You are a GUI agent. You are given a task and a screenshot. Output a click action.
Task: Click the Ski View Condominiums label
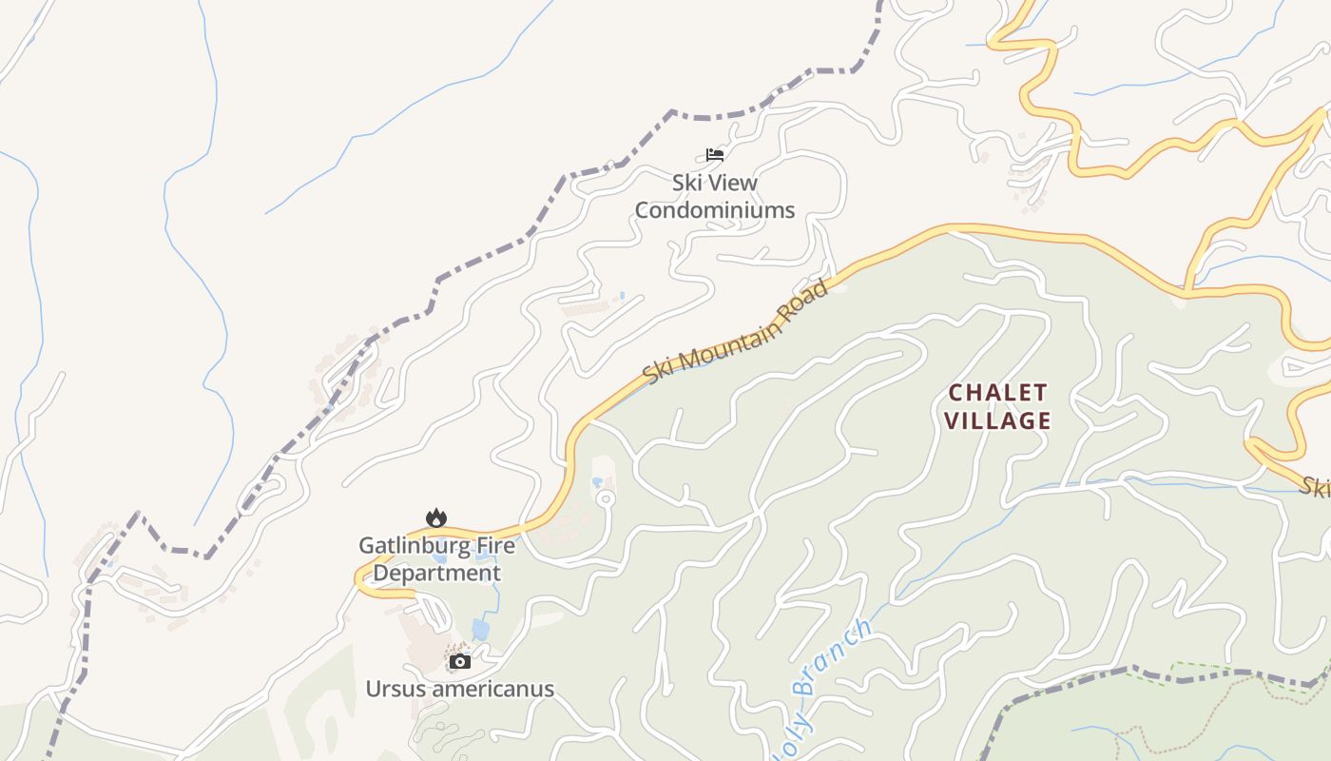tap(714, 196)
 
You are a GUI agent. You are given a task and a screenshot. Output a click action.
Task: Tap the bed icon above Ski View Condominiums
tap(715, 155)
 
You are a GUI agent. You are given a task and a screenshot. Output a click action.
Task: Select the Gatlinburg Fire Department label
tap(436, 559)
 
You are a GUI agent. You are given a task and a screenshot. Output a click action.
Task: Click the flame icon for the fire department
tap(436, 517)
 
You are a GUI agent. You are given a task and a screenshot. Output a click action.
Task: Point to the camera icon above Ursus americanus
tap(460, 661)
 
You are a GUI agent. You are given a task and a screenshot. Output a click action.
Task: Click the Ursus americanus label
tap(460, 689)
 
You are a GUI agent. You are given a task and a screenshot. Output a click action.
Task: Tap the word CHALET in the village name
tap(998, 392)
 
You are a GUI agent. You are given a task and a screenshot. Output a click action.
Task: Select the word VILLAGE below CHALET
tap(998, 420)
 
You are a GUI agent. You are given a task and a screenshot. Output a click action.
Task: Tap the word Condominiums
tap(714, 210)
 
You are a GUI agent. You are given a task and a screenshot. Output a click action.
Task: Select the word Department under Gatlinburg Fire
tap(436, 574)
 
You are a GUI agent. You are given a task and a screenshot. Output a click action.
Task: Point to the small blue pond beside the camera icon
tap(481, 630)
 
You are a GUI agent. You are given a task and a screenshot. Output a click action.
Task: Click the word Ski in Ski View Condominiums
tap(687, 182)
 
